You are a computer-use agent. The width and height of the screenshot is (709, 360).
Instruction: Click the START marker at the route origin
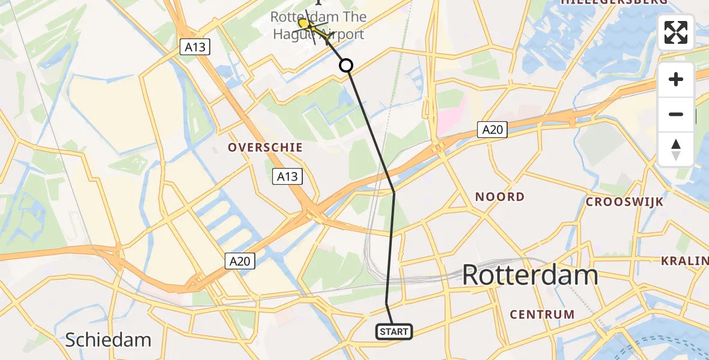point(394,332)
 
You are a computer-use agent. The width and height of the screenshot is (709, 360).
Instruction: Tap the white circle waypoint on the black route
point(346,65)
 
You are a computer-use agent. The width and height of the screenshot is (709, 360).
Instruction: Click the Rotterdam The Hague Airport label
point(318,26)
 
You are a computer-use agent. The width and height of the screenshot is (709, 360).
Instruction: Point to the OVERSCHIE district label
point(264,148)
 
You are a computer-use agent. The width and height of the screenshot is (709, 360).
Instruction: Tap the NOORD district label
point(499,197)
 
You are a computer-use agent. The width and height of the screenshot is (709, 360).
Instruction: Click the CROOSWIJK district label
point(624,202)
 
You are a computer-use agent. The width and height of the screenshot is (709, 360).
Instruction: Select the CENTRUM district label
point(542,314)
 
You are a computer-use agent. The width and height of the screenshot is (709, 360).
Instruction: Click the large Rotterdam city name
point(530,275)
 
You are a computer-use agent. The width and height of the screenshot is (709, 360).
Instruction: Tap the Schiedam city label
point(108,340)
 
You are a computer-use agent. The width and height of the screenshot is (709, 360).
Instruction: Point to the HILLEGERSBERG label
point(613,2)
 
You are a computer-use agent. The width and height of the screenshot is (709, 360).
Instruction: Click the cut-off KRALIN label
point(684,261)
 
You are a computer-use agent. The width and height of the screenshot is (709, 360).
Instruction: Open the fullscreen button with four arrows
point(676,32)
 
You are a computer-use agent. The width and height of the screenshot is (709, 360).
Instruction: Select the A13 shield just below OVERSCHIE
point(287,176)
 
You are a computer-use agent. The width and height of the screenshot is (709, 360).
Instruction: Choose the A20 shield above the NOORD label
point(493,129)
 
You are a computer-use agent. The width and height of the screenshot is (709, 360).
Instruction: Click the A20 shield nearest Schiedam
point(241,261)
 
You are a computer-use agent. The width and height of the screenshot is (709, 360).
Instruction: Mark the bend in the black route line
point(394,192)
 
